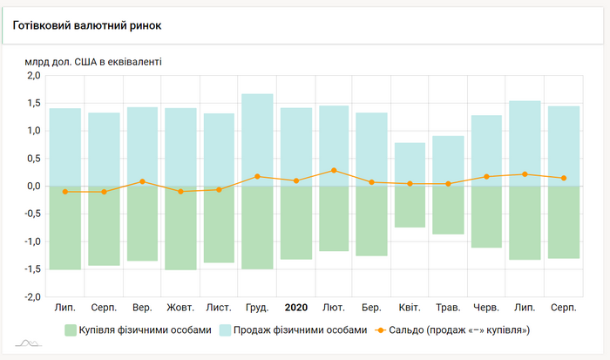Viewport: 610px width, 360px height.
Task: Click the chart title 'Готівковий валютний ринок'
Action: click(x=87, y=25)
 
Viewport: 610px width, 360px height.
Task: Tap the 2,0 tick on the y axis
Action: click(x=33, y=76)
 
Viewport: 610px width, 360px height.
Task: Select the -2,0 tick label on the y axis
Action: click(x=31, y=297)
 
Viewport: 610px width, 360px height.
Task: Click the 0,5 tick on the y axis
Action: click(x=33, y=159)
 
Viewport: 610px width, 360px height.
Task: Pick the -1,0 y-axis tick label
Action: click(x=31, y=241)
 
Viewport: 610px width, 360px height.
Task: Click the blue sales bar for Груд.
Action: click(x=257, y=139)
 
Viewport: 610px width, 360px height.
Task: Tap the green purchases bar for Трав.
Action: click(x=448, y=210)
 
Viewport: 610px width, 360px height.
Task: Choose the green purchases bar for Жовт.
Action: click(x=180, y=228)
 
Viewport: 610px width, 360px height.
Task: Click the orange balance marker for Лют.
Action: click(x=334, y=170)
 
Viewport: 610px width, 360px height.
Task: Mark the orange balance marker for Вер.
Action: click(x=142, y=181)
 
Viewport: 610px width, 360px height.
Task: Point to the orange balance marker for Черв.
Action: click(x=486, y=177)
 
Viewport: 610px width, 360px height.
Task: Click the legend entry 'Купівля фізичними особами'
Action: click(x=138, y=330)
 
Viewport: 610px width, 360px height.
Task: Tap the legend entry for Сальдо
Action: click(x=454, y=330)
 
